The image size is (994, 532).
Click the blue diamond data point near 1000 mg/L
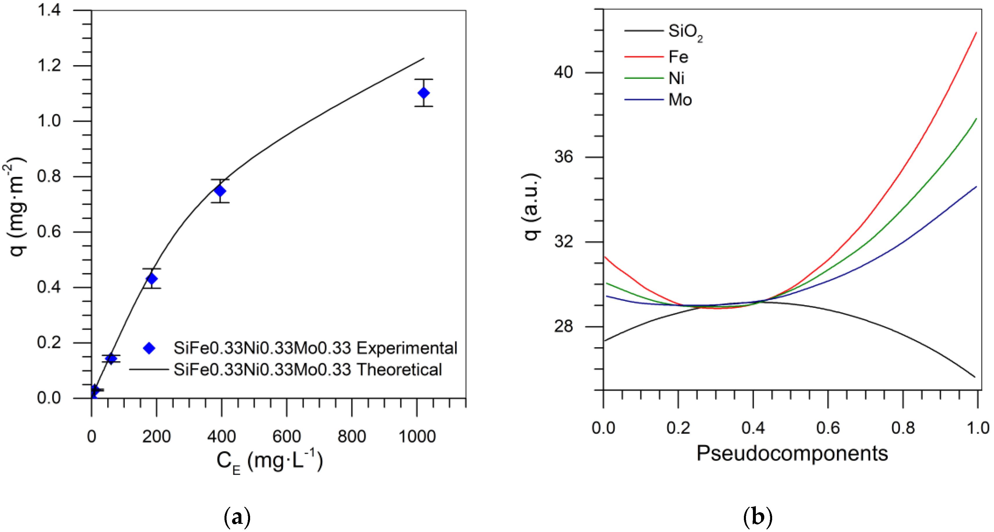coord(423,93)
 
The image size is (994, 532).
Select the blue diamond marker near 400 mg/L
coord(220,191)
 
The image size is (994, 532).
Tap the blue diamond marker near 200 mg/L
coord(152,279)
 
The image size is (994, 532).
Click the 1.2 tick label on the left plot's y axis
coord(49,65)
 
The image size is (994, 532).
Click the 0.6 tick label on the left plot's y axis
coord(49,232)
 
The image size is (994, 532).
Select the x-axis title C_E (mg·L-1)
coord(269,461)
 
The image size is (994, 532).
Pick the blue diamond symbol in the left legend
coord(149,348)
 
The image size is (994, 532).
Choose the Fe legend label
coord(678,57)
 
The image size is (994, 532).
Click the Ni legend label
coord(676,78)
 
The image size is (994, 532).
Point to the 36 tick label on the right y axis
coord(563,157)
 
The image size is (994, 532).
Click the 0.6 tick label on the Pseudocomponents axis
coord(828,428)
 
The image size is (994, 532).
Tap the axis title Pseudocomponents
coord(792,453)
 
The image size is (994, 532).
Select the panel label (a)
coord(237,517)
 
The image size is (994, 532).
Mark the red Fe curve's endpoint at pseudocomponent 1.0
coord(976,33)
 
